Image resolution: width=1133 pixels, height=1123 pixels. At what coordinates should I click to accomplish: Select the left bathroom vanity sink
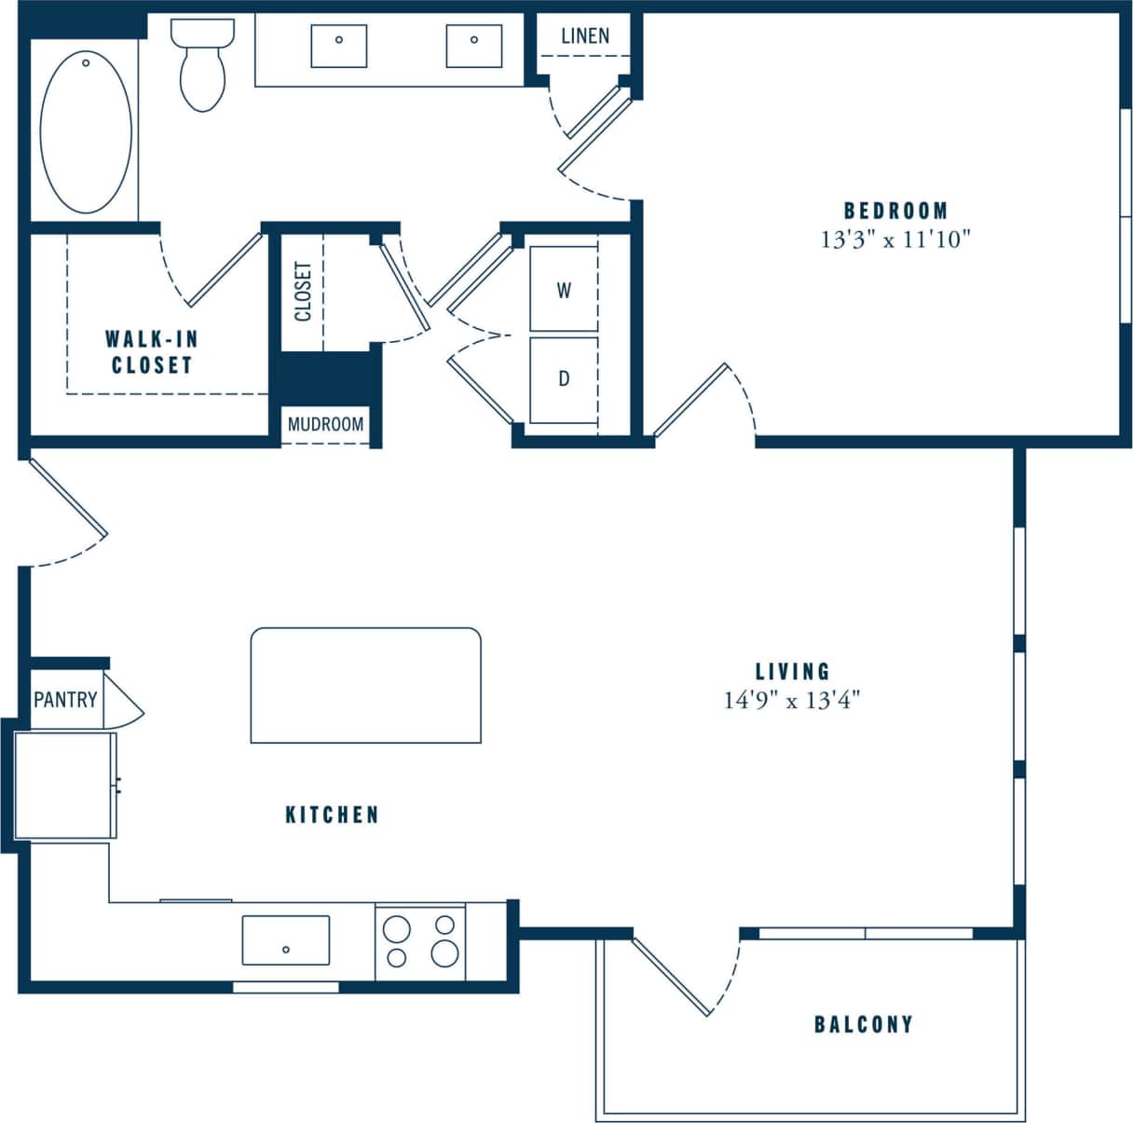[x=338, y=46]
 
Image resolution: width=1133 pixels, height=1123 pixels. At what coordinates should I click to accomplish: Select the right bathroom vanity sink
[x=474, y=46]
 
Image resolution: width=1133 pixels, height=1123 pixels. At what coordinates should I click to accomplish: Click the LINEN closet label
[x=585, y=36]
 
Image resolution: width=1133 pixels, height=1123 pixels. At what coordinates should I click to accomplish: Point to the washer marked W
[x=564, y=290]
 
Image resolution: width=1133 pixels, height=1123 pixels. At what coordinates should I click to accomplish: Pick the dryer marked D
[x=564, y=379]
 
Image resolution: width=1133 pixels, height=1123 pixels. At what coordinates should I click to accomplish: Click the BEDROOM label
[x=895, y=211]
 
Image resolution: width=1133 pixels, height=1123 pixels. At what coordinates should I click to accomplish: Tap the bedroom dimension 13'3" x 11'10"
[x=895, y=240]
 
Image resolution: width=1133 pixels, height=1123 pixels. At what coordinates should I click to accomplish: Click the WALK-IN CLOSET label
[x=151, y=351]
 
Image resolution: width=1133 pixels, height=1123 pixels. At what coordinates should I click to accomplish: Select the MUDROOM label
[x=325, y=424]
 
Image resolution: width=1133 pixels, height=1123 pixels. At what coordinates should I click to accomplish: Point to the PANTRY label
[x=65, y=699]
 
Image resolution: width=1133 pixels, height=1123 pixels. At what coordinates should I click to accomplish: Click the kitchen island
[x=365, y=685]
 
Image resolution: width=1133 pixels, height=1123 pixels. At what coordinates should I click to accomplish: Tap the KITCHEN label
[x=332, y=815]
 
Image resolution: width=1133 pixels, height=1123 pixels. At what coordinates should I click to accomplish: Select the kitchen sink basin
[x=285, y=940]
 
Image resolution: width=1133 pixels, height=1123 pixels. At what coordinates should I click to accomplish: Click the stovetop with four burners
[x=420, y=941]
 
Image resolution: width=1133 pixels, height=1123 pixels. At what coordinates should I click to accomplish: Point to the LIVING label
[x=792, y=671]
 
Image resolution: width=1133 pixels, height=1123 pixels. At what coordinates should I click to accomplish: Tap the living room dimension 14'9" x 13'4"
[x=792, y=700]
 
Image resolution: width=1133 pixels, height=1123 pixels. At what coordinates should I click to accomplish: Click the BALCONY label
[x=863, y=1024]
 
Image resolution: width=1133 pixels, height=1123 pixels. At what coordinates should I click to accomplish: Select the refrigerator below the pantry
[x=65, y=785]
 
